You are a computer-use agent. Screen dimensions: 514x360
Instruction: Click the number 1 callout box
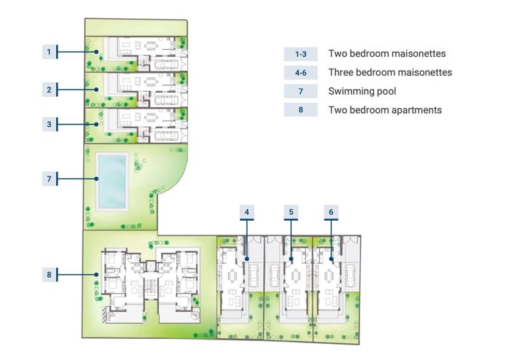(49, 52)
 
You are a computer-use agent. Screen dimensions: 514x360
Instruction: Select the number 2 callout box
(49, 90)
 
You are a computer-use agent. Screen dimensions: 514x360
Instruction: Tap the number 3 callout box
(49, 125)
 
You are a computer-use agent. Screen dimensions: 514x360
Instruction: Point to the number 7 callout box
(49, 179)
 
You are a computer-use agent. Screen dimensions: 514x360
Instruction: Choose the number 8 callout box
(49, 275)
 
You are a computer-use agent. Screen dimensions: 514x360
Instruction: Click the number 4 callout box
(247, 212)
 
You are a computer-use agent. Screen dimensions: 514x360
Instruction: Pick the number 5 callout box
(291, 212)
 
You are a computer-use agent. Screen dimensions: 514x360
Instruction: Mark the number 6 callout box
(331, 212)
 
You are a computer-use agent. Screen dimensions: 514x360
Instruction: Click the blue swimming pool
(112, 181)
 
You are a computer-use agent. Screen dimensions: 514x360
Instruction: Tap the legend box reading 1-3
(301, 54)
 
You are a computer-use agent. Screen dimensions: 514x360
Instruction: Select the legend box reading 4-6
(301, 72)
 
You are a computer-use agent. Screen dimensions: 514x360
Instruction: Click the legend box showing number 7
(301, 91)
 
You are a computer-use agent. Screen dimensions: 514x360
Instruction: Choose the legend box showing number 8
(301, 110)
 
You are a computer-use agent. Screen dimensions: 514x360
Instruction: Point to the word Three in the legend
(340, 72)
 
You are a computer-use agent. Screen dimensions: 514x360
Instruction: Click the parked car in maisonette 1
(166, 64)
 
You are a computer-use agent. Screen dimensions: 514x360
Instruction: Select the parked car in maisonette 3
(166, 135)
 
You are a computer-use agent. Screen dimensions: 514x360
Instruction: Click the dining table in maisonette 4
(233, 275)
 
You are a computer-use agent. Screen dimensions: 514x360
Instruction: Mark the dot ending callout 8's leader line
(96, 275)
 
